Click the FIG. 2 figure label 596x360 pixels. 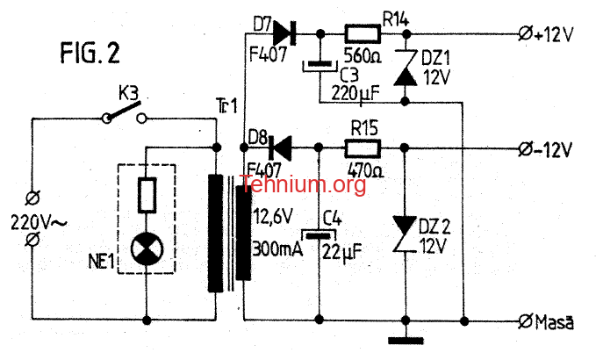[x=90, y=53]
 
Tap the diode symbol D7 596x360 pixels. [x=284, y=33]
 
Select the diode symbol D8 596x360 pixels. [x=279, y=148]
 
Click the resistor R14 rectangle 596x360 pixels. [x=363, y=34]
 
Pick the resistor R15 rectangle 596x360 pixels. [x=363, y=148]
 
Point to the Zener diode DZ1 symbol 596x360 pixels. [x=406, y=68]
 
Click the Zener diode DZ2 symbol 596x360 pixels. [x=405, y=234]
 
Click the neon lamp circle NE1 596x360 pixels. [x=147, y=249]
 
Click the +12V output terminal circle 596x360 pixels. [x=525, y=34]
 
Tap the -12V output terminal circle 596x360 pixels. [x=525, y=149]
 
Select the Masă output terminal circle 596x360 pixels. [x=525, y=321]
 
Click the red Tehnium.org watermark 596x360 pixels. [x=303, y=184]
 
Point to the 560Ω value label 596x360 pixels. [x=363, y=56]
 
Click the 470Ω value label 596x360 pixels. [x=366, y=170]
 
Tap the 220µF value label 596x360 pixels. [x=355, y=93]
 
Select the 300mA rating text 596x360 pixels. [x=277, y=249]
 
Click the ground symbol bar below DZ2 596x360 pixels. [x=406, y=341]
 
